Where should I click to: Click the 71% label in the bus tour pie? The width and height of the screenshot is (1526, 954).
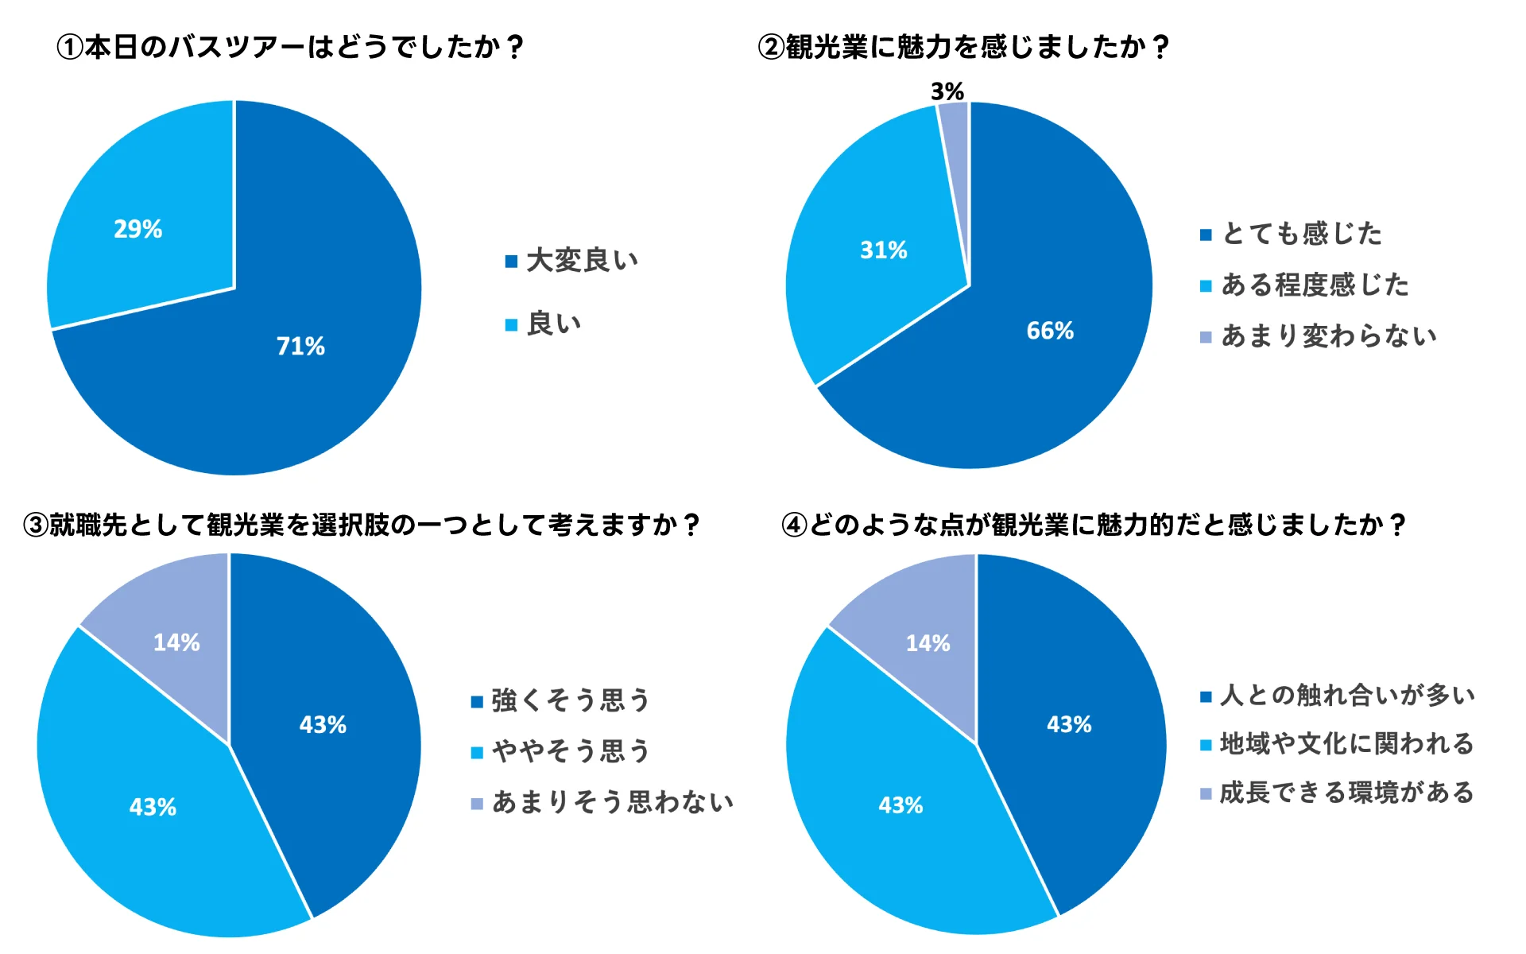tap(300, 346)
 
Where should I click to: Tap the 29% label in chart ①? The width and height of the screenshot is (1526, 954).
tap(137, 229)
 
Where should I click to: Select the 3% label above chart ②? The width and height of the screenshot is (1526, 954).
tap(947, 91)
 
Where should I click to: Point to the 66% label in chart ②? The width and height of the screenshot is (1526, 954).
tap(1050, 331)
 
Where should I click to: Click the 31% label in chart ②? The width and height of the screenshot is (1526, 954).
tap(883, 250)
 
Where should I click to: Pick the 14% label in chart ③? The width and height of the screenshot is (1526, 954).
tap(176, 642)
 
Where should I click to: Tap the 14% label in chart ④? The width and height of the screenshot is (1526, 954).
tap(928, 643)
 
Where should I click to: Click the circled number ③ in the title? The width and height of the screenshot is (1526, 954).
tap(36, 525)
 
